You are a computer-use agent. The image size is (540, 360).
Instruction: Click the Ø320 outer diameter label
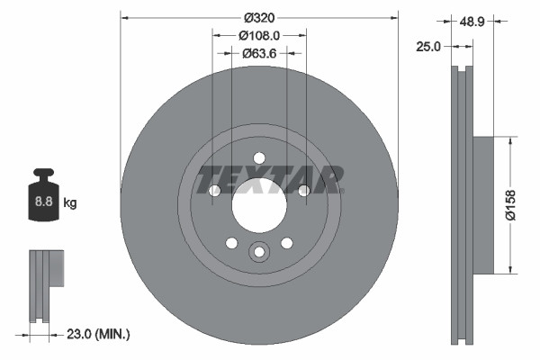(259, 16)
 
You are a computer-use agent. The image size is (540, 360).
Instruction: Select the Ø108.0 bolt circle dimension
(259, 35)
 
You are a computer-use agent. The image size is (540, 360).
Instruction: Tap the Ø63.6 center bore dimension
(259, 53)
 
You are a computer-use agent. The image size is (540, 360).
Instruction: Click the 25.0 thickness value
(428, 47)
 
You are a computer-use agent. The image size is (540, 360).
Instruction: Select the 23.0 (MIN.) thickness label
(98, 334)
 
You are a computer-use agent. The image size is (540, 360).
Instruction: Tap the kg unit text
(70, 203)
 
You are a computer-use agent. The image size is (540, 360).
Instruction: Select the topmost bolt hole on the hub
(259, 154)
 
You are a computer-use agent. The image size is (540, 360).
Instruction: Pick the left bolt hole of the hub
(214, 191)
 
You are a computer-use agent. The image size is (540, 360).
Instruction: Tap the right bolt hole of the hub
(304, 191)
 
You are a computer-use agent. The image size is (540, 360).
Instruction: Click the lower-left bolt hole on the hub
(231, 243)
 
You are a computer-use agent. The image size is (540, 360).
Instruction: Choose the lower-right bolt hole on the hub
(287, 243)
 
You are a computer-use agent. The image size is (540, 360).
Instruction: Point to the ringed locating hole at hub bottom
(259, 253)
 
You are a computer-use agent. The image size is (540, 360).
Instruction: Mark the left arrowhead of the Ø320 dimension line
(125, 16)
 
